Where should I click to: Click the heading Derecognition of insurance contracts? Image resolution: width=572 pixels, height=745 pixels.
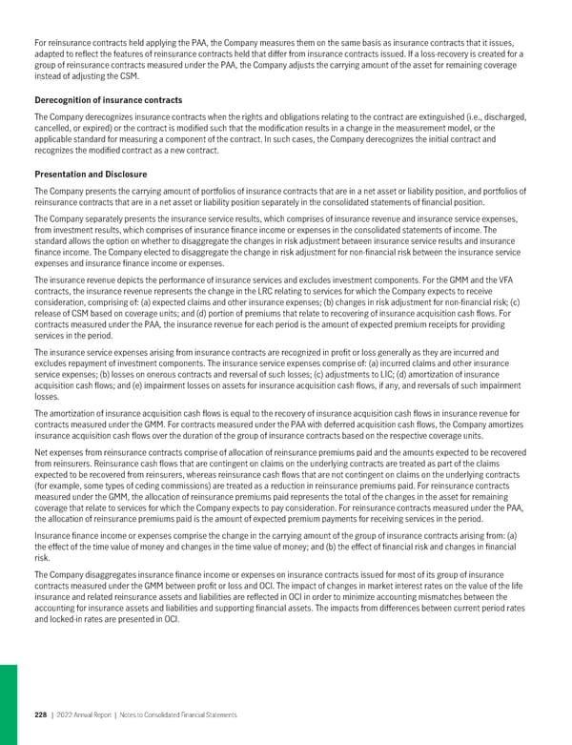108,100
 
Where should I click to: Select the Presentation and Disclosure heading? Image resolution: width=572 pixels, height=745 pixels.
90,175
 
